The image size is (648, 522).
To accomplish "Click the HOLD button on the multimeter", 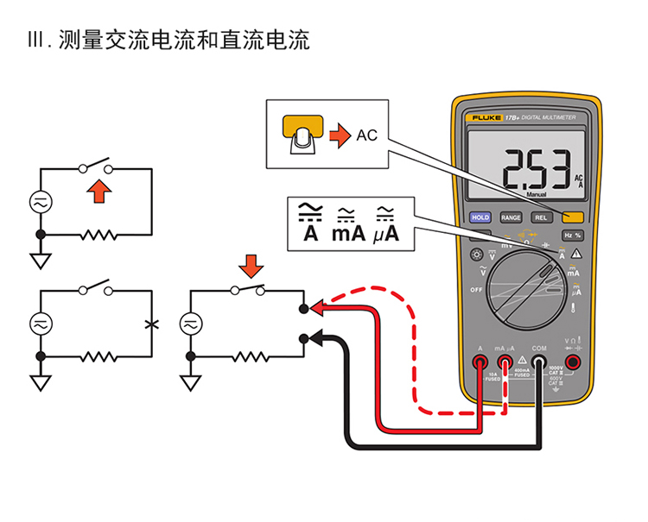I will coord(480,217).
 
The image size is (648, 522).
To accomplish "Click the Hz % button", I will coord(572,235).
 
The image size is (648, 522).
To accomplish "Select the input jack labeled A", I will coord(480,363).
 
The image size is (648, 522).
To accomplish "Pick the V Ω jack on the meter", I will coord(572,363).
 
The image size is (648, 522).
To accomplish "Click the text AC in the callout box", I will coord(367,135).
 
